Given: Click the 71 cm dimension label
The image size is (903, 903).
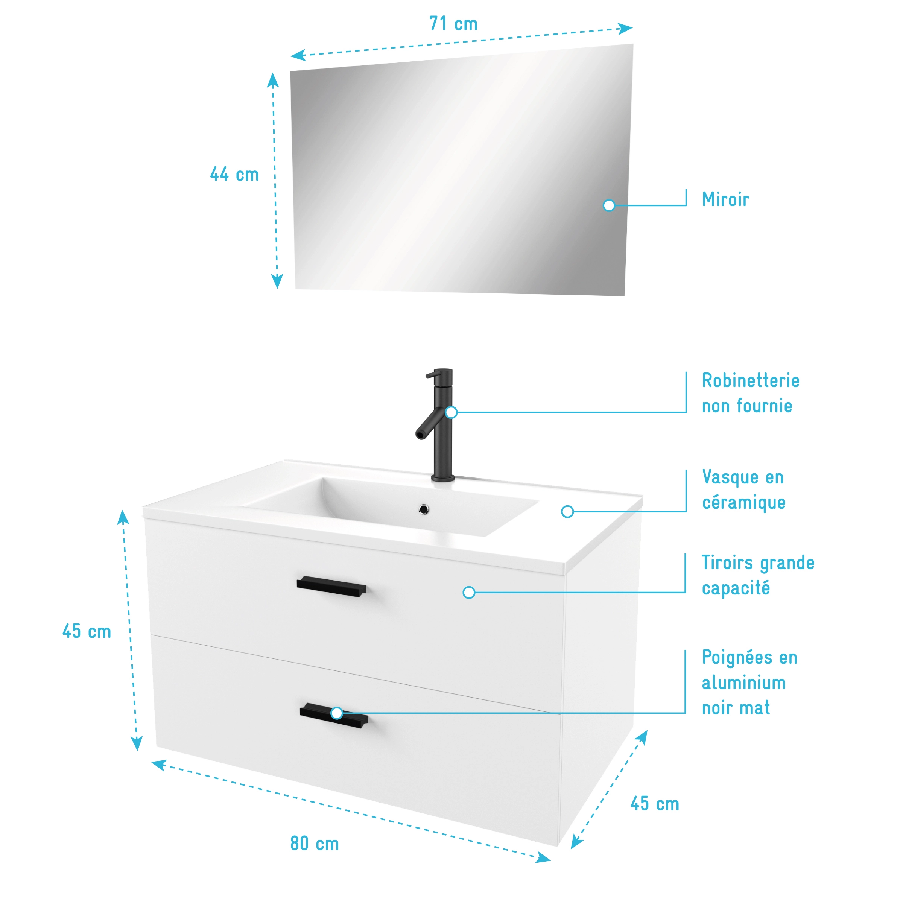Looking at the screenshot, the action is pos(453,24).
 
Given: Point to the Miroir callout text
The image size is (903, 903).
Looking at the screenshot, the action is pos(725,199).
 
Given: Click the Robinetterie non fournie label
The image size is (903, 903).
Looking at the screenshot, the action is pos(751,393).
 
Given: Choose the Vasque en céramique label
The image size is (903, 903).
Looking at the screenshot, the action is pos(743,490).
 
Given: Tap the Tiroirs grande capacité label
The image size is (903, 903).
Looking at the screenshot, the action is pos(758,575).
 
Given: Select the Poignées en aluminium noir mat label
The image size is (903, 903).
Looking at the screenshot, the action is pos(750,683).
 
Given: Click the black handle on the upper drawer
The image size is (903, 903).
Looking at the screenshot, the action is pos(331,587).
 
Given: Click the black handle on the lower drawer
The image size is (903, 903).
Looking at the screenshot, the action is pos(334,716).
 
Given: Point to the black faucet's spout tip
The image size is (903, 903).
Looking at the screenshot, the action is pos(420,435).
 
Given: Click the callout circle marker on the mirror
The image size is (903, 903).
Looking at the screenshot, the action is pos(609,205).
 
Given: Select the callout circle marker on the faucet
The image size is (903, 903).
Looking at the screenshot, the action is pos(451,412).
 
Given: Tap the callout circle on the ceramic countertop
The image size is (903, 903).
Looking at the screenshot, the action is pos(567,512).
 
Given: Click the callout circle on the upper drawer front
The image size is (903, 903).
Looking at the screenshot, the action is pos(469,593).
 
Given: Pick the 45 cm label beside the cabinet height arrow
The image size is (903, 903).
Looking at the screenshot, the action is pos(87,631).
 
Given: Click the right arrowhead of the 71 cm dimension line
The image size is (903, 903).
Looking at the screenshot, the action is pos(625,29).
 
